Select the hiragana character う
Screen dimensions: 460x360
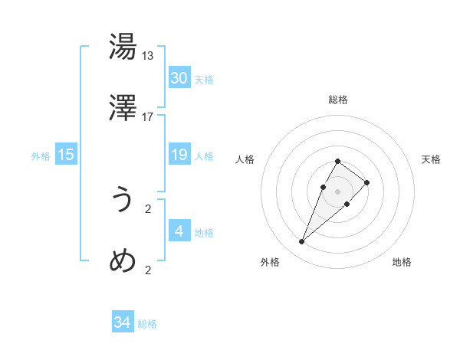pyautogui.click(x=123, y=200)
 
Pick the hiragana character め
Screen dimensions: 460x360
pyautogui.click(x=123, y=261)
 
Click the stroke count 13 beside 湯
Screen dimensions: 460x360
pyautogui.click(x=148, y=56)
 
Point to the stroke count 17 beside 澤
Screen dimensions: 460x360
pyautogui.click(x=148, y=117)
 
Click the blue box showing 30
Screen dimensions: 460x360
pyautogui.click(x=179, y=78)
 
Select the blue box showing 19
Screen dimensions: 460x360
pyautogui.click(x=179, y=155)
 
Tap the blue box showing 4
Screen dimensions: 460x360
pyautogui.click(x=179, y=231)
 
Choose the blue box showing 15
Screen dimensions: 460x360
pyautogui.click(x=66, y=155)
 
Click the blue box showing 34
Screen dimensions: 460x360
pyautogui.click(x=123, y=322)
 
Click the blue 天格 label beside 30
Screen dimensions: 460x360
pyautogui.click(x=204, y=80)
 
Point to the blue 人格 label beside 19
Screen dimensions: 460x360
pyautogui.click(x=204, y=156)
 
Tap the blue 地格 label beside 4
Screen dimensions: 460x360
pyautogui.click(x=204, y=233)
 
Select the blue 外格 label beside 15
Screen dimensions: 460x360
pyautogui.click(x=41, y=156)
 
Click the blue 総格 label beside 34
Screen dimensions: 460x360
pyautogui.click(x=147, y=324)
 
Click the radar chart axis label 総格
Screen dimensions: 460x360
pyautogui.click(x=338, y=100)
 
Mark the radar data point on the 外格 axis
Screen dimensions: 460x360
pyautogui.click(x=302, y=242)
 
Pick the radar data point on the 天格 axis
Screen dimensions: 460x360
pyautogui.click(x=367, y=182)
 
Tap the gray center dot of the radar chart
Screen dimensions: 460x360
pyautogui.click(x=338, y=191)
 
